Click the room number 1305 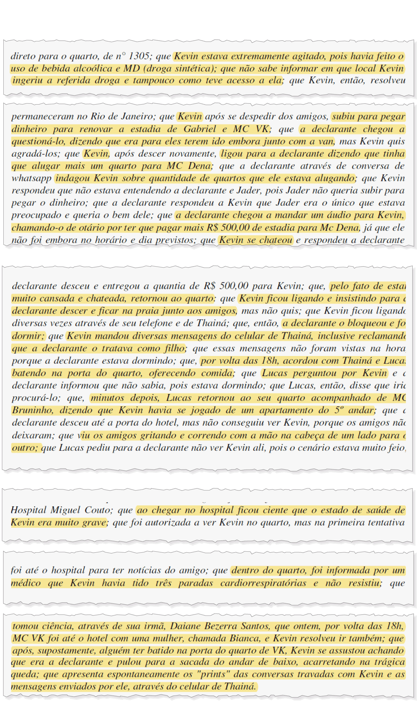click(139, 56)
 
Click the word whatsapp click(31, 178)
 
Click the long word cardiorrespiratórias click(263, 583)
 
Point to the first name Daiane click(185, 626)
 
